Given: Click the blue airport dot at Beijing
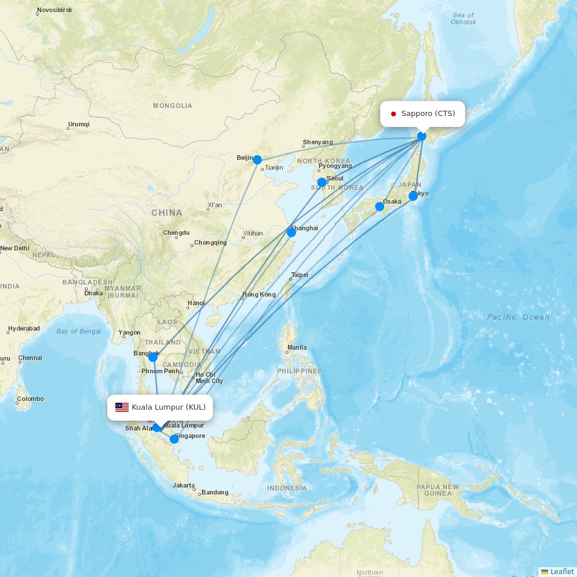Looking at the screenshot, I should (257, 160).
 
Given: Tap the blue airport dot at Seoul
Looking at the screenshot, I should (322, 182).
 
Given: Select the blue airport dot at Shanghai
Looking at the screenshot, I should (291, 232).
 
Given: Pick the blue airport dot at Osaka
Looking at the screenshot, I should (380, 207).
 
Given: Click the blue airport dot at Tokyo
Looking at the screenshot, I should (413, 196).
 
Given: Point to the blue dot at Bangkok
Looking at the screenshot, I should (153, 357).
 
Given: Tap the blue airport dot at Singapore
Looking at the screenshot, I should (174, 439).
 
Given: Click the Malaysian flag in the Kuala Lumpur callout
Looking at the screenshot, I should (122, 407).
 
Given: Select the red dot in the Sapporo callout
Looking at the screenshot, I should (394, 114).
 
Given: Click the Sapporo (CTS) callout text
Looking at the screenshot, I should (428, 114).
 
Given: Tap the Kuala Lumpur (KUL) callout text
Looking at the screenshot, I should (168, 407).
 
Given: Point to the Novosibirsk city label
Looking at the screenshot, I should (54, 10).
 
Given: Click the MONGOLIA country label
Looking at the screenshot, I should (173, 106).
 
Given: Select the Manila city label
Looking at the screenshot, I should (297, 347).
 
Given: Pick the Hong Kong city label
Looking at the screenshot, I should (259, 294).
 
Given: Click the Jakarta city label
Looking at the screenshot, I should (184, 485).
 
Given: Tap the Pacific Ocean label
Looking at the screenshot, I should (518, 317).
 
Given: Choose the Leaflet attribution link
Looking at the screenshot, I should (561, 571).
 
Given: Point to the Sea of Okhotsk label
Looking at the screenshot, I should (463, 18).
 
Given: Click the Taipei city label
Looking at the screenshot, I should (299, 275).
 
